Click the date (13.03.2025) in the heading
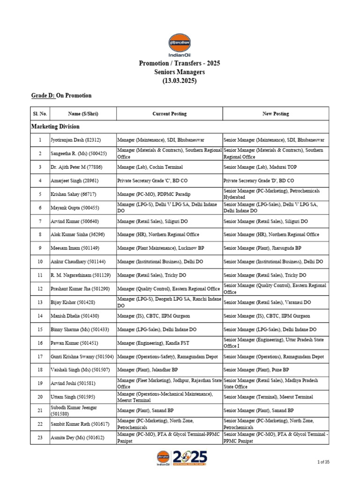click(180, 81)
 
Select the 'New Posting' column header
click(275, 113)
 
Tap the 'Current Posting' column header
click(169, 113)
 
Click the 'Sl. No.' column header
click(40, 113)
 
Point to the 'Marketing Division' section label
click(55, 127)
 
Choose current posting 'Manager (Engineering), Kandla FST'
click(155, 343)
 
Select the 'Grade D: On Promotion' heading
click(61, 96)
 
